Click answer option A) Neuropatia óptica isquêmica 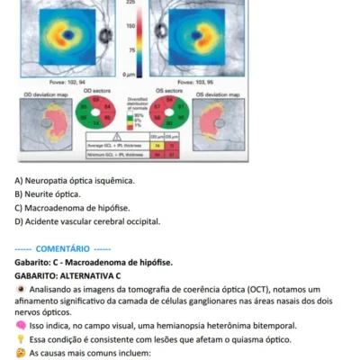pyautogui.click(x=75, y=181)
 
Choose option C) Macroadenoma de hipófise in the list pyautogui.click(x=73, y=207)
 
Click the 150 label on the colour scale pyautogui.click(x=131, y=27)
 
